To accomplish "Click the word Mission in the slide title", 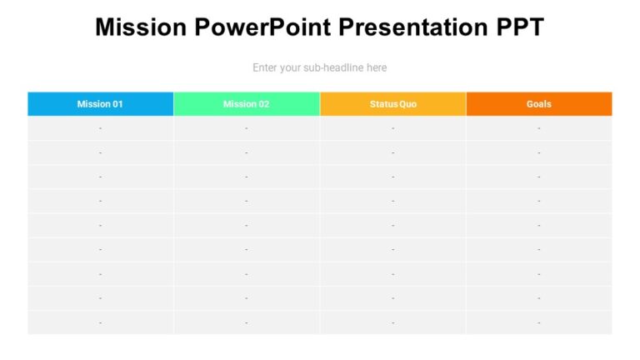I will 141,27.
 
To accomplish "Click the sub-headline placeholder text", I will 319,67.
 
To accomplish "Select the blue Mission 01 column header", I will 100,104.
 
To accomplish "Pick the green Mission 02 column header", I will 247,104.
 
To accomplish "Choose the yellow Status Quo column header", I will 392,104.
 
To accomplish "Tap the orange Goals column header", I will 538,104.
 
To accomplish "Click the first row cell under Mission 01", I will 100,128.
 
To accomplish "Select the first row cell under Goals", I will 538,128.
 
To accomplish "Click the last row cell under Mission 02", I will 247,322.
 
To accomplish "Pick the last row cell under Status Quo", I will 392,322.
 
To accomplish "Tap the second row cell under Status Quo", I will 392,152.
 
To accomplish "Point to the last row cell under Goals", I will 538,322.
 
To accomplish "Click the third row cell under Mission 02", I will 247,177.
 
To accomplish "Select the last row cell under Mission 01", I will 100,322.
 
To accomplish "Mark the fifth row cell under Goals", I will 538,225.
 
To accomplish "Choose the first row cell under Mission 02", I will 247,128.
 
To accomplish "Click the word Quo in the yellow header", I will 407,104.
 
